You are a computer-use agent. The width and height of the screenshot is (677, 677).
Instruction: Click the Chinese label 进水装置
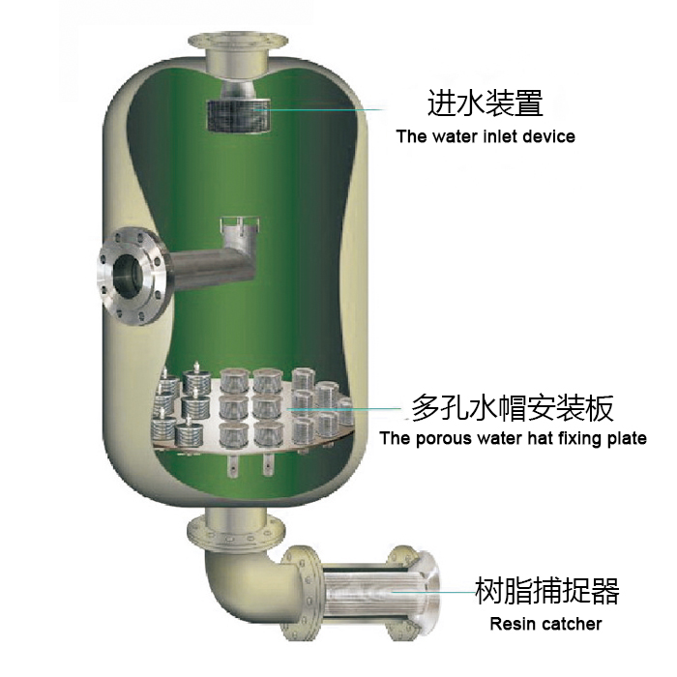[x=485, y=103]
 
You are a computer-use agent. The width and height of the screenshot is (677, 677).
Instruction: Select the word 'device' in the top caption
[x=548, y=136]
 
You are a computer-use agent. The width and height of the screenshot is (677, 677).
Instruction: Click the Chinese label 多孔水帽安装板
[x=512, y=408]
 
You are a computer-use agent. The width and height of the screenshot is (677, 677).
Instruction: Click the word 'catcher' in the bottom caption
[x=571, y=624]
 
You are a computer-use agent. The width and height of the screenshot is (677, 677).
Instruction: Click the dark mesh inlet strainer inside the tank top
[x=239, y=115]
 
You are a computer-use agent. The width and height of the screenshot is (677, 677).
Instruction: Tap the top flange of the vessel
[x=238, y=42]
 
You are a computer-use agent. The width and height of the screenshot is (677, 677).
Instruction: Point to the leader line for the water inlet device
[x=318, y=109]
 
